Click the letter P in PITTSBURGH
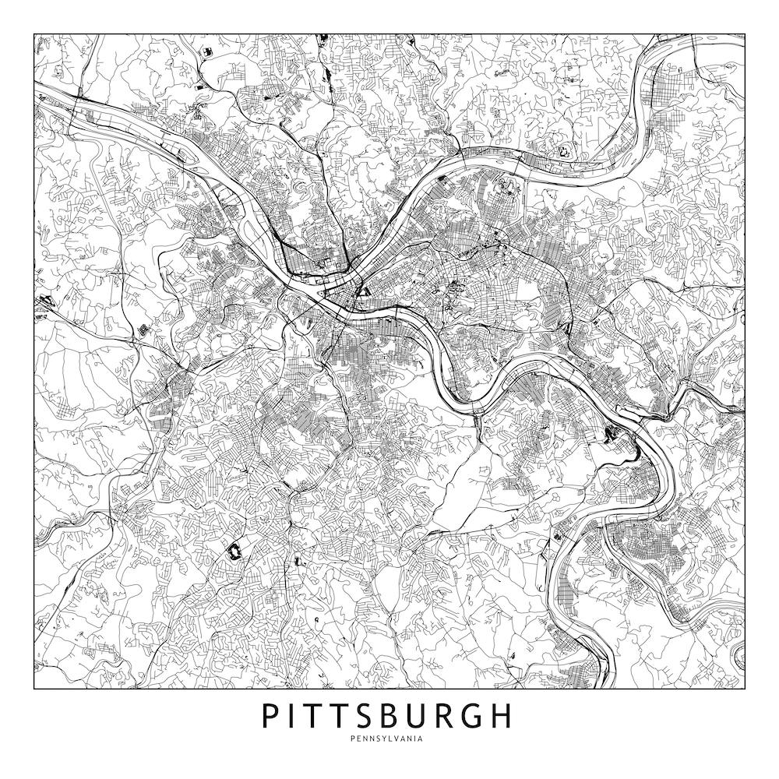point(270,716)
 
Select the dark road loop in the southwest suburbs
point(232,552)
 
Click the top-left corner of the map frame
point(34,34)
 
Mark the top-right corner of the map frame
point(745,34)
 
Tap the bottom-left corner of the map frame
point(34,689)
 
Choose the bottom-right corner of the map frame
point(745,689)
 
